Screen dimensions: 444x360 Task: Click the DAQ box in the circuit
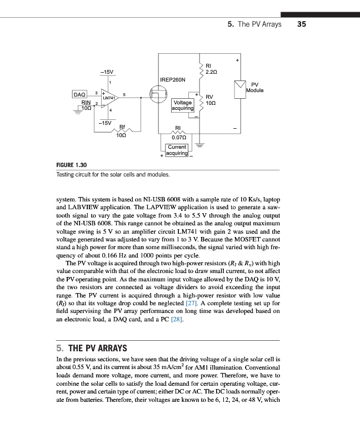tap(80, 94)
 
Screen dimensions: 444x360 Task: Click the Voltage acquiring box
tap(183, 105)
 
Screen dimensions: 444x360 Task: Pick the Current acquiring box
tap(177, 150)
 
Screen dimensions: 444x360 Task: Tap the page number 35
tap(302, 24)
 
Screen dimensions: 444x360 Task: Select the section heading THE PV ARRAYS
tap(97, 349)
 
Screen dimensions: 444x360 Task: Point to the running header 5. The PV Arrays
tap(254, 24)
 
